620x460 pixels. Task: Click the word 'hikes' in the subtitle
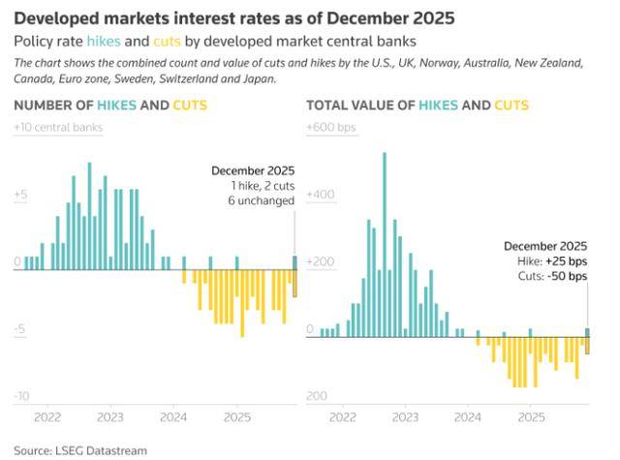[x=104, y=42]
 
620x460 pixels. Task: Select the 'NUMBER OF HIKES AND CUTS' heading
[x=110, y=105]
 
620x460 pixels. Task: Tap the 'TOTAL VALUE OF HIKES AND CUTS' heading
[x=417, y=105]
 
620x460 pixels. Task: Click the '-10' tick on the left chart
[x=21, y=397]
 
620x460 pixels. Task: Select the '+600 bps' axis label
[x=331, y=127]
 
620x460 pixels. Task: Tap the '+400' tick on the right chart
[x=321, y=195]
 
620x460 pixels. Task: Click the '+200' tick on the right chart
[x=321, y=262]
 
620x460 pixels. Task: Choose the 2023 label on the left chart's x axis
[x=109, y=418]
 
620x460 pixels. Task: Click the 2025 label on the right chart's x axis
[x=531, y=418]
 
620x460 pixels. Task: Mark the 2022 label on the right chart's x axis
[x=341, y=418]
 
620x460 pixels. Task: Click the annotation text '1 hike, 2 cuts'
[x=263, y=185]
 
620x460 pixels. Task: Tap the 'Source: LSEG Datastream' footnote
[x=78, y=450]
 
